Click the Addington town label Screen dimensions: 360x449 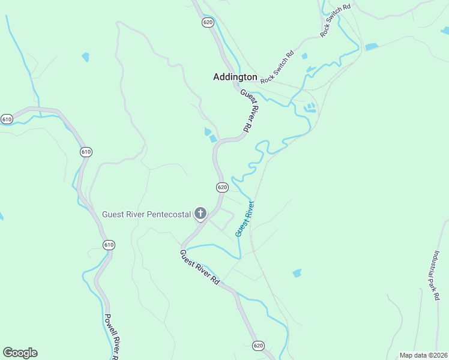[x=235, y=77]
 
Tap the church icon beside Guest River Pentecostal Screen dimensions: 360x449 [x=200, y=213]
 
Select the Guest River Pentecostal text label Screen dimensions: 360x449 [x=146, y=214]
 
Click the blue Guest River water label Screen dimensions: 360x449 [x=244, y=218]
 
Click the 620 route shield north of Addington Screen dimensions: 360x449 [x=208, y=22]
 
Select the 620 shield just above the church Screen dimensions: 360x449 [x=221, y=187]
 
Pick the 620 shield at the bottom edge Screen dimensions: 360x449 [x=258, y=346]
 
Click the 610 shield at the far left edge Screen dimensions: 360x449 [x=7, y=119]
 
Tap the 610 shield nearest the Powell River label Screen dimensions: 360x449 [x=109, y=245]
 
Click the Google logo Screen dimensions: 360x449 [x=20, y=353]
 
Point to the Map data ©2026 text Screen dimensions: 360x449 [x=424, y=355]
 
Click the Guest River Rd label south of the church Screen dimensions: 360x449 [x=200, y=267]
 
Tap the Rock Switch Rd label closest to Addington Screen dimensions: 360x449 [x=277, y=67]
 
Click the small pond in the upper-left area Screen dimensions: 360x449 [x=86, y=58]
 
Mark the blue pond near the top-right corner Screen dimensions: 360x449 [x=372, y=46]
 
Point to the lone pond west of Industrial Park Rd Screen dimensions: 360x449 [x=297, y=274]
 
